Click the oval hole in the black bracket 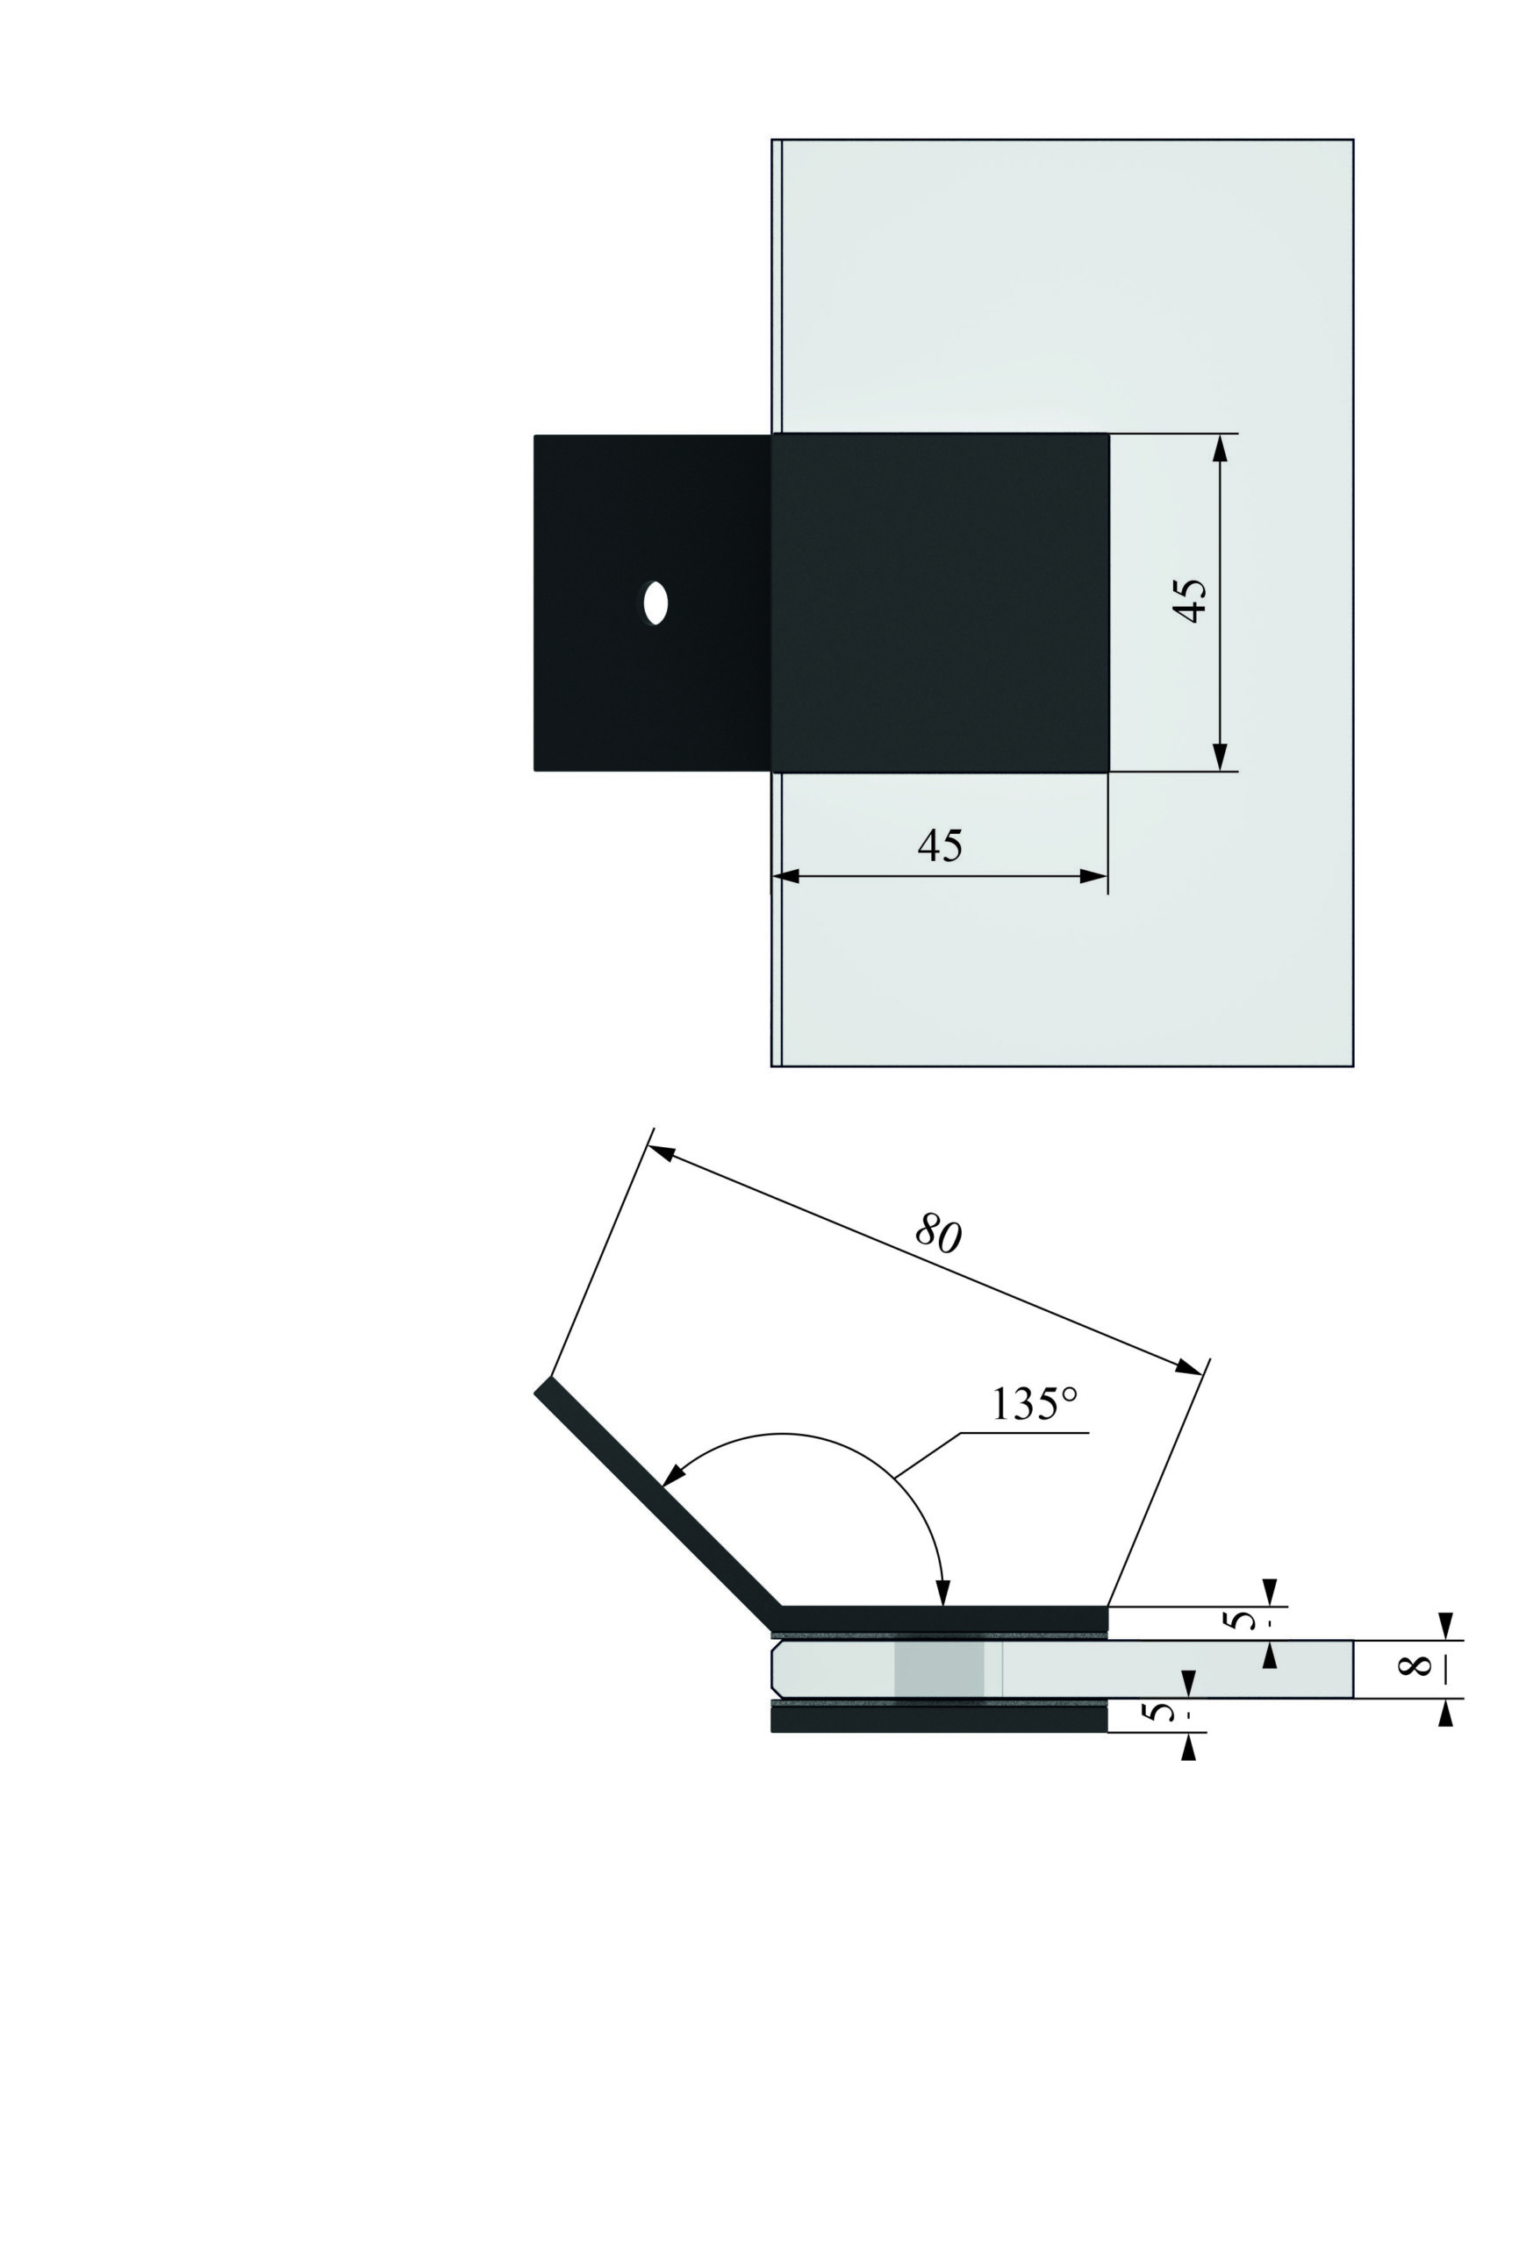click(656, 603)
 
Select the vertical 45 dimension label click(1189, 601)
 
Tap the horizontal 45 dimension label click(941, 845)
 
